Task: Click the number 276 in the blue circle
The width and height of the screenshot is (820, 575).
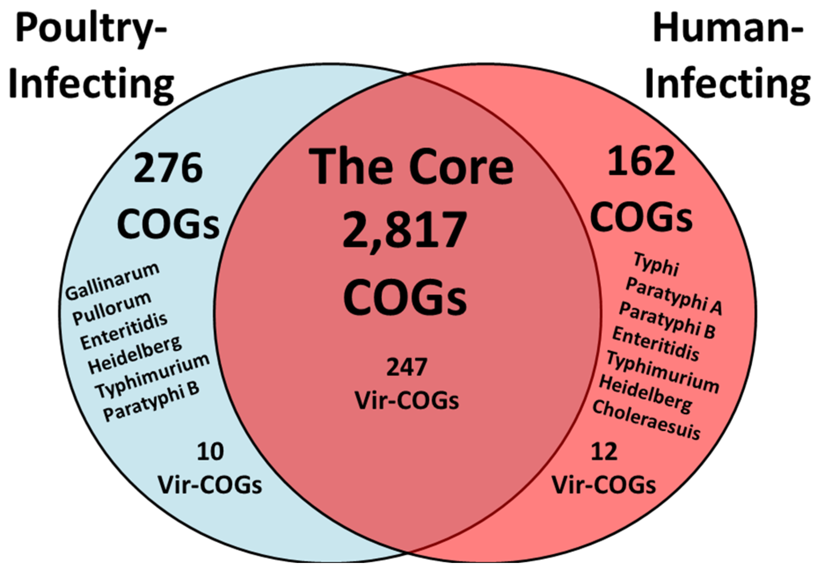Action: pyautogui.click(x=168, y=169)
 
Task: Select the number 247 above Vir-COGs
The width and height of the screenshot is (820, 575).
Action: pyautogui.click(x=407, y=367)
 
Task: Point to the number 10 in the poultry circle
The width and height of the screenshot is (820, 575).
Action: pyautogui.click(x=210, y=452)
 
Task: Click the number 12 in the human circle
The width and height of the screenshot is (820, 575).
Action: pyautogui.click(x=604, y=452)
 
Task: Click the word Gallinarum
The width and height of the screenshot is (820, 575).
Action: pyautogui.click(x=112, y=281)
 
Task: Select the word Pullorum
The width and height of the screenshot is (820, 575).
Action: pyautogui.click(x=112, y=308)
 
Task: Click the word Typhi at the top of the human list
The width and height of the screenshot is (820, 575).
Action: pyautogui.click(x=656, y=264)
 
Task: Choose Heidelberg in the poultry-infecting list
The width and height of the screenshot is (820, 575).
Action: pyautogui.click(x=135, y=355)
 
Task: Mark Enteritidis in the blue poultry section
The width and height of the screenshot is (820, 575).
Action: pyautogui.click(x=124, y=331)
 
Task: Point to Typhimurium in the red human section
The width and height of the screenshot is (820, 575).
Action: pyautogui.click(x=662, y=372)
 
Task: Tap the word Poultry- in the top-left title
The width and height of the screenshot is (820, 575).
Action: pyautogui.click(x=91, y=31)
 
